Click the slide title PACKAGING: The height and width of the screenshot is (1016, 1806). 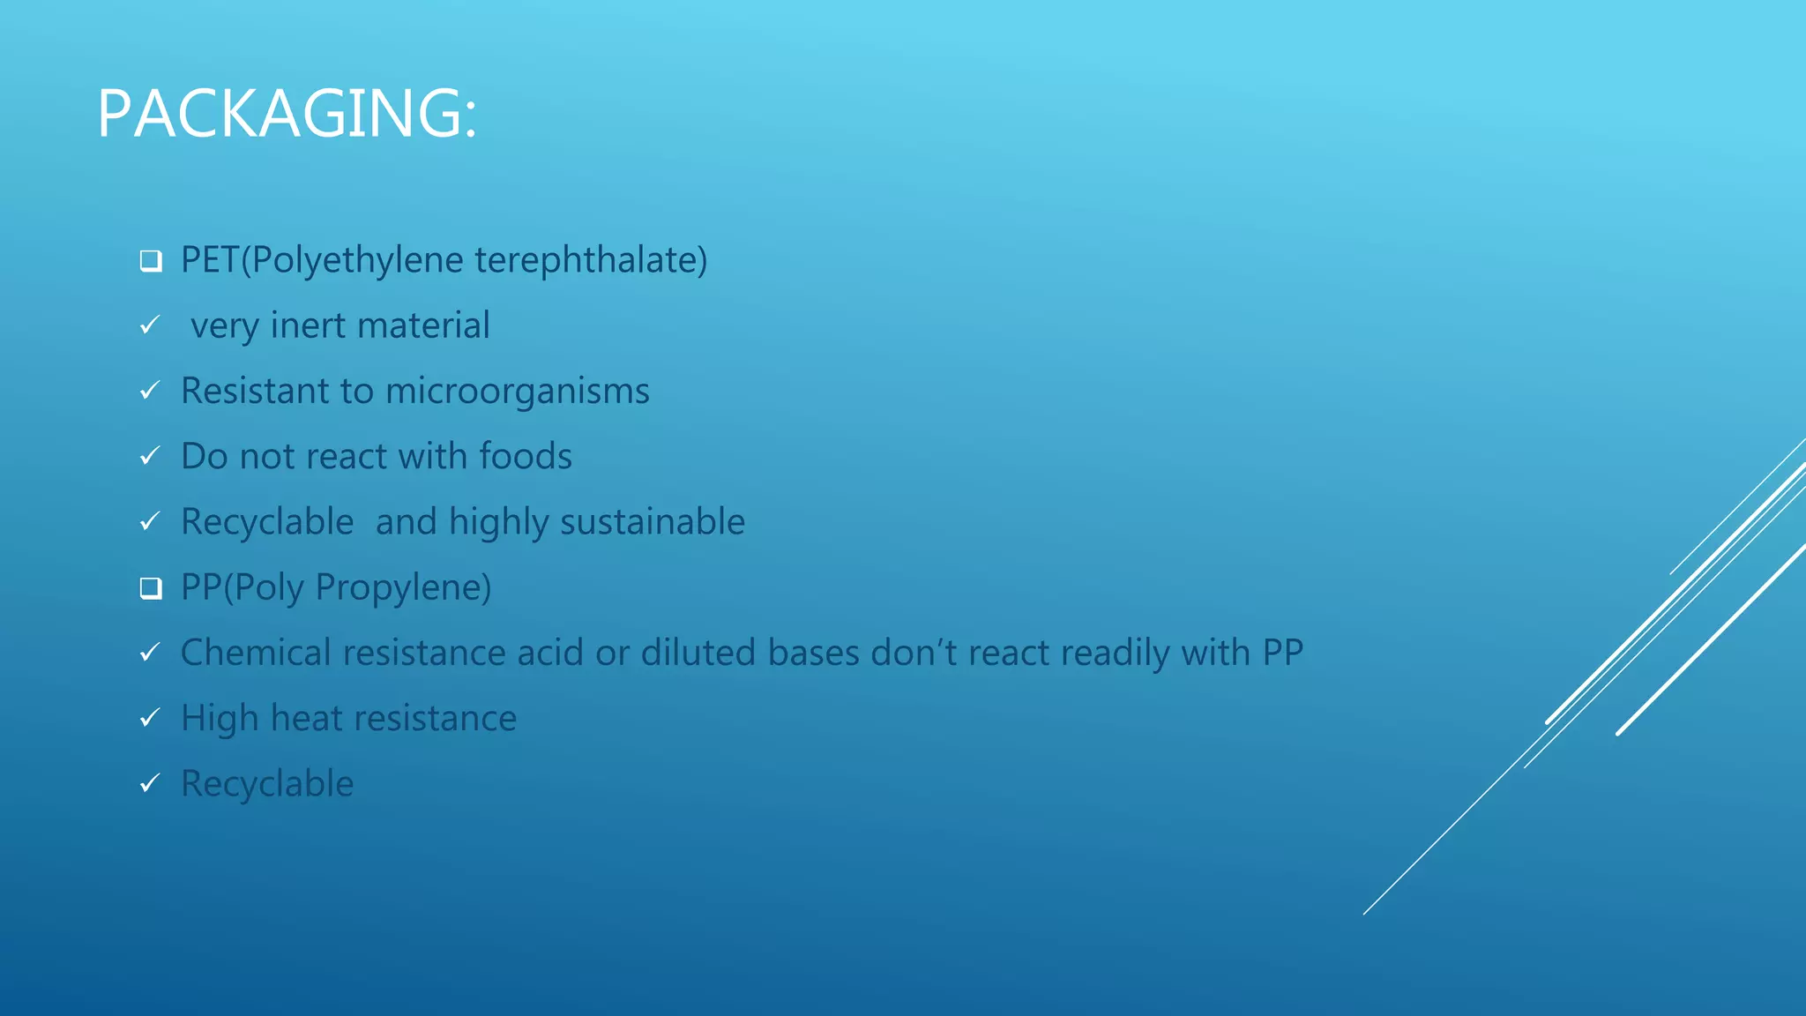(287, 114)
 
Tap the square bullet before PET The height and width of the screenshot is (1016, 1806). (151, 261)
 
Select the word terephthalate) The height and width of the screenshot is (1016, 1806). (591, 260)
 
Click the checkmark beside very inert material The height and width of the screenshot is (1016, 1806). (150, 325)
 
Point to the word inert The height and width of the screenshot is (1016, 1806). (308, 325)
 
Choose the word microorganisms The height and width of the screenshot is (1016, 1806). (518, 392)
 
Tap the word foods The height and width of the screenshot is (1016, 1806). (526, 456)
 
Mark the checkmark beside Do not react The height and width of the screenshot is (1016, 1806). (150, 456)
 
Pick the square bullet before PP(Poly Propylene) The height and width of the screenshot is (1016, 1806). (151, 588)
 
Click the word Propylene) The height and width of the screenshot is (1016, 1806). (403, 587)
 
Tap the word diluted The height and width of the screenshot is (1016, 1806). (698, 653)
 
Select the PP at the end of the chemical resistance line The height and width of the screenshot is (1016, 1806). (1282, 653)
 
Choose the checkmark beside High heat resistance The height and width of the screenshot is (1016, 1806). (150, 718)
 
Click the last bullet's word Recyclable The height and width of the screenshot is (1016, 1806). (267, 783)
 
